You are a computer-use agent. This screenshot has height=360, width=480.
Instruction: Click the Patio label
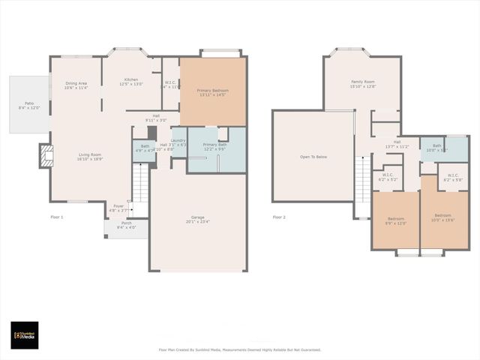pos(29,105)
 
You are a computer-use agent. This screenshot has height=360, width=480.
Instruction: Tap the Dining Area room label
pos(76,85)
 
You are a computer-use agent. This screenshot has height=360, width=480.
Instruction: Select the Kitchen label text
pos(131,82)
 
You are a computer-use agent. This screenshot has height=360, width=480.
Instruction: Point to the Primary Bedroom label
pos(213,92)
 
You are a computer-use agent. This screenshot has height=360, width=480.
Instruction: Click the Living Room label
pos(91,157)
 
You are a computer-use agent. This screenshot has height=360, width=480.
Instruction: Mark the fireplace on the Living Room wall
pos(46,156)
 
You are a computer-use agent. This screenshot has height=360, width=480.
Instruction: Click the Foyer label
pos(118,208)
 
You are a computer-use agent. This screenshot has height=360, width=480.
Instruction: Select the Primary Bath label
pos(214,146)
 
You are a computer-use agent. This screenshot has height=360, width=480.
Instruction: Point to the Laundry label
pos(178,142)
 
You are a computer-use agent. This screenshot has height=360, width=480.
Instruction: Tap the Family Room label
pos(363,84)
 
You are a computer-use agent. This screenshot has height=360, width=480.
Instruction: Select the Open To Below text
pos(313,157)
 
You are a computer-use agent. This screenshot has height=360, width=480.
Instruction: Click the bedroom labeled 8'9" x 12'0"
pos(395,220)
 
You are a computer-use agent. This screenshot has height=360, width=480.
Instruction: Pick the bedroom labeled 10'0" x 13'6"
pos(443,220)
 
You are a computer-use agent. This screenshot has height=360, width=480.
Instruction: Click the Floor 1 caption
pos(57,217)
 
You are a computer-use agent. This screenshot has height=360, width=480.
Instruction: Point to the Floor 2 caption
pos(279,217)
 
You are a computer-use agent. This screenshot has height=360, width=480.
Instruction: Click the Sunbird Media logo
pos(24,334)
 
